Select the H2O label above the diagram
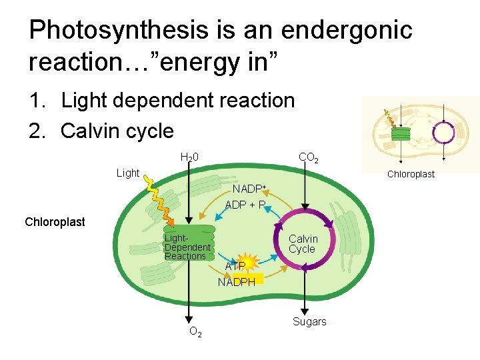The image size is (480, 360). [x=189, y=158]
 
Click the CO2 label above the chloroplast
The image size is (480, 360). [x=308, y=158]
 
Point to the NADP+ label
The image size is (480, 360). [x=249, y=189]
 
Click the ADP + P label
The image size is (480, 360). [x=246, y=205]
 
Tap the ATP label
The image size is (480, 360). [x=235, y=266]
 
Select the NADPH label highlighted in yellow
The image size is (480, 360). [x=237, y=282]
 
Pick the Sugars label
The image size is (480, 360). [x=309, y=321]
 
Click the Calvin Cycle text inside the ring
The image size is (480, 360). [x=303, y=243]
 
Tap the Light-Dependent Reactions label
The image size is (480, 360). [x=187, y=247]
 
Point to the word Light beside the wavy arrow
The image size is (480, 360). [x=127, y=173]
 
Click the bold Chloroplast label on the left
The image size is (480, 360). [x=55, y=222]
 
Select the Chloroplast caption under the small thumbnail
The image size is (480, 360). [x=411, y=174]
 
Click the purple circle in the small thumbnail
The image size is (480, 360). [x=443, y=132]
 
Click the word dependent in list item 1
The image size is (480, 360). [x=157, y=101]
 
